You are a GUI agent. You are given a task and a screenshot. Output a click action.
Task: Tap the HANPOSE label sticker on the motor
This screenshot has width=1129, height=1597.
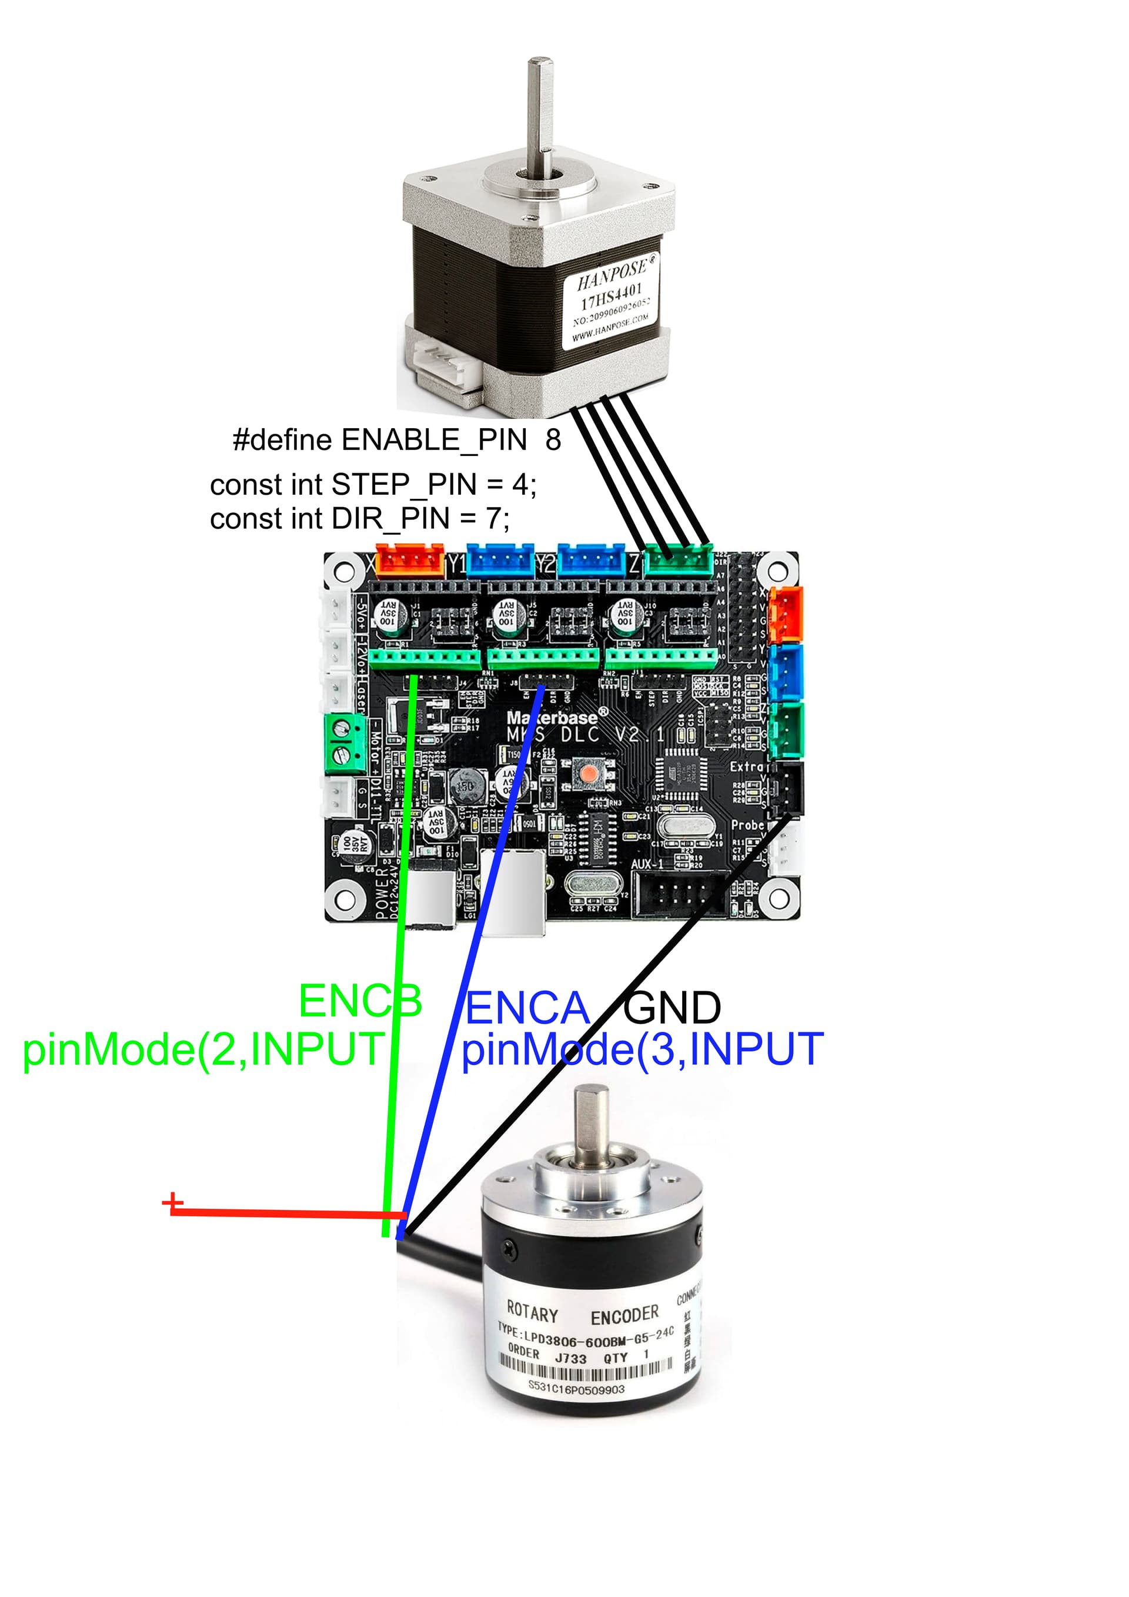(611, 301)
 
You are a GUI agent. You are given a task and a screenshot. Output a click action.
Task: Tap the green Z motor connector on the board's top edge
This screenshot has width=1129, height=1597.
(679, 561)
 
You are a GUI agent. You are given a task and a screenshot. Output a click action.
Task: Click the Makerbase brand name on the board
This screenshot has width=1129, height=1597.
(552, 717)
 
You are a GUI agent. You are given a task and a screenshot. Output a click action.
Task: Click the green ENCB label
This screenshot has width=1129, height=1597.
(359, 1002)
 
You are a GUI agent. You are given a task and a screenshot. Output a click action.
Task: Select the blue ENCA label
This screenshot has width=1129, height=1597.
(526, 1009)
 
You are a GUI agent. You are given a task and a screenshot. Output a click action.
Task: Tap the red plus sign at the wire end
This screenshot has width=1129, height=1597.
(172, 1202)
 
